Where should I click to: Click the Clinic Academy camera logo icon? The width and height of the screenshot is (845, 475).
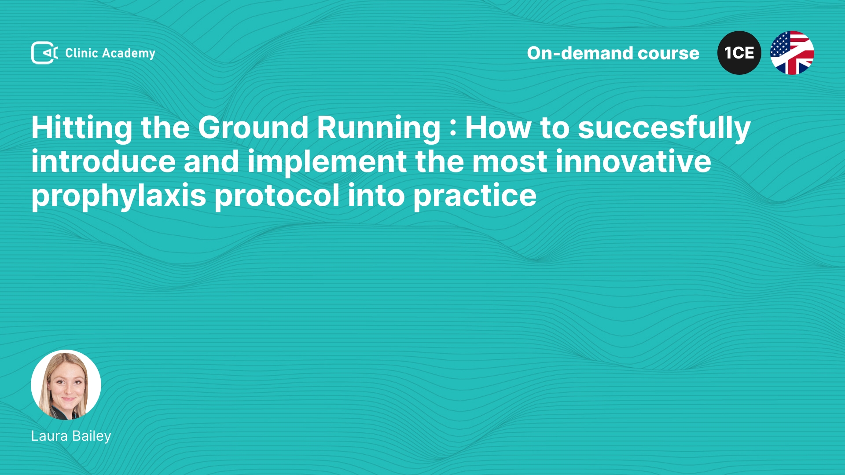coord(44,53)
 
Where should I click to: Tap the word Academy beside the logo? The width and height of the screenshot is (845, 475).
coord(129,54)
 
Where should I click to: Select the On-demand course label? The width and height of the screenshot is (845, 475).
coord(613,53)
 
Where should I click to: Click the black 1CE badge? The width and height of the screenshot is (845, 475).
coord(739,53)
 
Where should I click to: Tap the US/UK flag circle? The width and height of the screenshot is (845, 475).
coord(792,53)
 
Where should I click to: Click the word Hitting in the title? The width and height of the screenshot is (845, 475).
coord(82,128)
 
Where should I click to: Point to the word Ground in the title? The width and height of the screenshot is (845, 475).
coord(253,128)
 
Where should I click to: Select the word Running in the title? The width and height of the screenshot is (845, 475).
coord(378,128)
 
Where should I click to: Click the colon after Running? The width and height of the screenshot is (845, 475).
coord(453,130)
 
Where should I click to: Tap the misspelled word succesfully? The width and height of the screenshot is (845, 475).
coord(664,128)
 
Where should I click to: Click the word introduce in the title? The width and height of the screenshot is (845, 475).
coord(103,161)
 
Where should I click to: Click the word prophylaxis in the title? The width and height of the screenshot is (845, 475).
coord(119,196)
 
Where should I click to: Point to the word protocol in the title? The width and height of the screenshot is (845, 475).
coord(277,196)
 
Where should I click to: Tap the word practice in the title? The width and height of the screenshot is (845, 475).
coord(475,196)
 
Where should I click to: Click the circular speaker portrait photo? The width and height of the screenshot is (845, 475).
coord(66,385)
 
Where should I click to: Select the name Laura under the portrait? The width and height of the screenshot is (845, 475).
coord(49,436)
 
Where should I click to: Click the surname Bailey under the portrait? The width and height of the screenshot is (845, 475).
coord(92,436)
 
